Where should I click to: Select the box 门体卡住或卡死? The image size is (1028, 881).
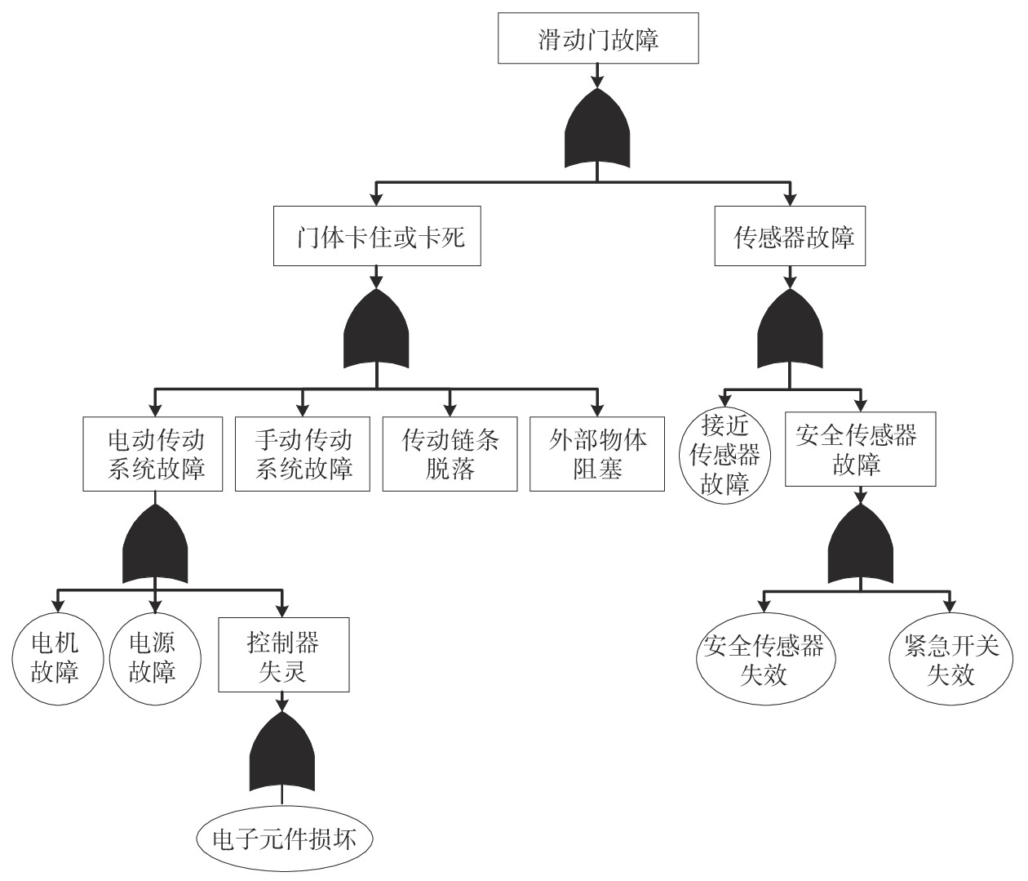[x=376, y=238]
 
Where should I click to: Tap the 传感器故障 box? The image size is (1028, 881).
[x=789, y=238]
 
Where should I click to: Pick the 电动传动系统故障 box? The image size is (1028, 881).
[x=153, y=454]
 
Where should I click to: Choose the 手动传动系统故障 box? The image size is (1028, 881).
[x=303, y=454]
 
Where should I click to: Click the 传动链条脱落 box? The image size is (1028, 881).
[x=450, y=454]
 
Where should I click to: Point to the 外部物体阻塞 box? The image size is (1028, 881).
[x=596, y=454]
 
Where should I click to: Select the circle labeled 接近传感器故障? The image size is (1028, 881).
[x=724, y=455]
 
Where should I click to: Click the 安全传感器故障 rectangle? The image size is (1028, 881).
[x=860, y=450]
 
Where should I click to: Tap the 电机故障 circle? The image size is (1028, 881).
[x=55, y=658]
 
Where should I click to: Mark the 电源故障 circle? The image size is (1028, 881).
[x=153, y=658]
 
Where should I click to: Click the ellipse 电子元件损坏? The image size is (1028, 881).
[x=284, y=839]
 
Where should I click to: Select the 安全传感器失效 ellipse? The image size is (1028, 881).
[x=764, y=660]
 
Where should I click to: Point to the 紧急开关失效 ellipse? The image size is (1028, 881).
[x=950, y=660]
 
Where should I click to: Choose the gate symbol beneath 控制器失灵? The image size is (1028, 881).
[x=282, y=751]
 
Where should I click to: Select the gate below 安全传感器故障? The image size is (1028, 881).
[x=860, y=545]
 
